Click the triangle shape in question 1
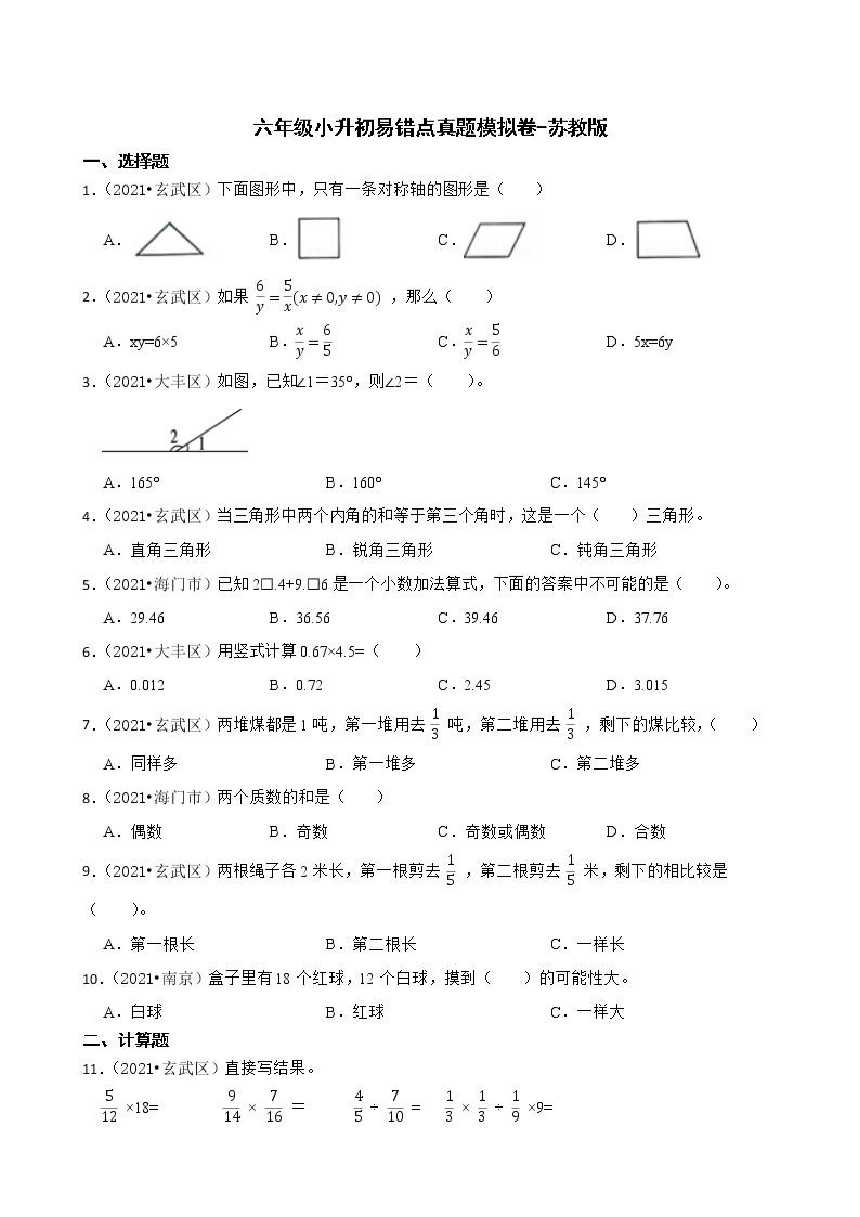pos(169,241)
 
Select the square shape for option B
pos(318,238)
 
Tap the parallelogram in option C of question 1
pos(494,240)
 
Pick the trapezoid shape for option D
pos(667,240)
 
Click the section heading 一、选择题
pos(126,161)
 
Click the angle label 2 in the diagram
pos(174,437)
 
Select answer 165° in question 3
pos(145,482)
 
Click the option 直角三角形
pos(170,550)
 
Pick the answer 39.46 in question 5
pos(480,617)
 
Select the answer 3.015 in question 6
pos(650,685)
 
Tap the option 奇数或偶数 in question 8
pos(505,832)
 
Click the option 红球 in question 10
pos(368,1012)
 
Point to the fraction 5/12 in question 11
pos(109,1106)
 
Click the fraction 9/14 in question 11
pos(232,1106)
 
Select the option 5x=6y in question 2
pos(653,342)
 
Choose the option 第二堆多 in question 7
pos(608,763)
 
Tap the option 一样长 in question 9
pos(601,944)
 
